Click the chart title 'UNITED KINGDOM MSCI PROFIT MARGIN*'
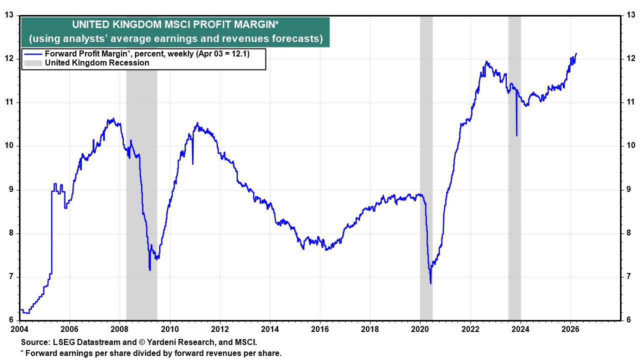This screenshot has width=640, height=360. click(x=175, y=24)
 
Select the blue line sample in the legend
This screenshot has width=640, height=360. click(x=33, y=54)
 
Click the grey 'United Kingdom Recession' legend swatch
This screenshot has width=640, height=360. click(x=33, y=63)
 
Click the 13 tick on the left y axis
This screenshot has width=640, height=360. click(x=9, y=15)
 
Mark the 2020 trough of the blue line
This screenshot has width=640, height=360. click(x=430, y=283)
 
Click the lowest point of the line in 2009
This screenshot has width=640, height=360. click(x=150, y=270)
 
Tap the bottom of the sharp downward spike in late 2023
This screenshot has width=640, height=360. click(x=516, y=135)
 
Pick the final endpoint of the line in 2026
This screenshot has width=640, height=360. click(x=576, y=53)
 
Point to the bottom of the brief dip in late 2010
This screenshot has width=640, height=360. click(x=192, y=163)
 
